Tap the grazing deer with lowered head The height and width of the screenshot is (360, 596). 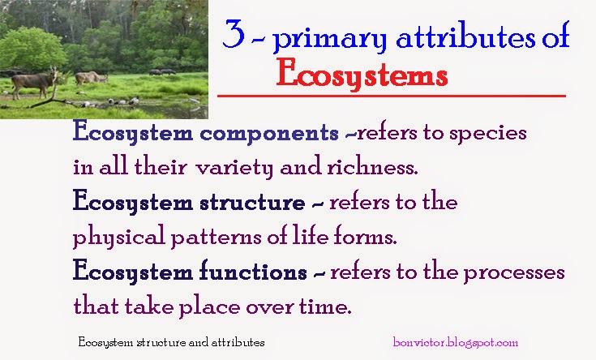[91, 78]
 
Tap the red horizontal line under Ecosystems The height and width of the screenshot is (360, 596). [391, 96]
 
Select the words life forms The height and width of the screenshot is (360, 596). [345, 238]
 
